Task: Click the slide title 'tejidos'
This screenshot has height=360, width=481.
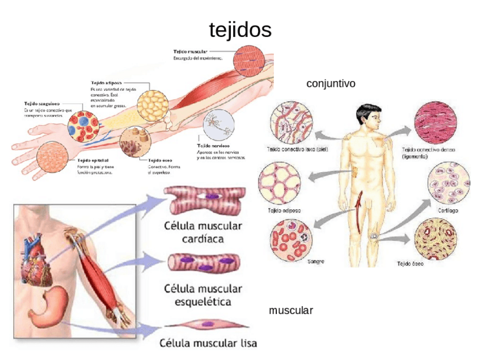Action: tap(240, 29)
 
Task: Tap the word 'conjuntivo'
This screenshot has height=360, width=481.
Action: tap(331, 84)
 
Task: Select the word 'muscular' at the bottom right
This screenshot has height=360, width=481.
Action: tap(291, 311)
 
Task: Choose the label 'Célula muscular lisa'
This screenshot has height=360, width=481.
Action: tap(208, 343)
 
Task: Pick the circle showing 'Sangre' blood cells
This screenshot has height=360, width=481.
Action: tap(290, 239)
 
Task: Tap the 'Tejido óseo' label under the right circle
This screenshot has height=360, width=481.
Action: tap(410, 264)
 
